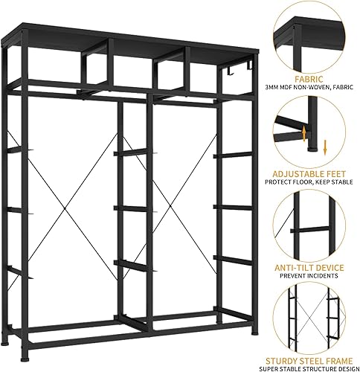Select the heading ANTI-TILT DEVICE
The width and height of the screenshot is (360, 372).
tap(307, 266)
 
